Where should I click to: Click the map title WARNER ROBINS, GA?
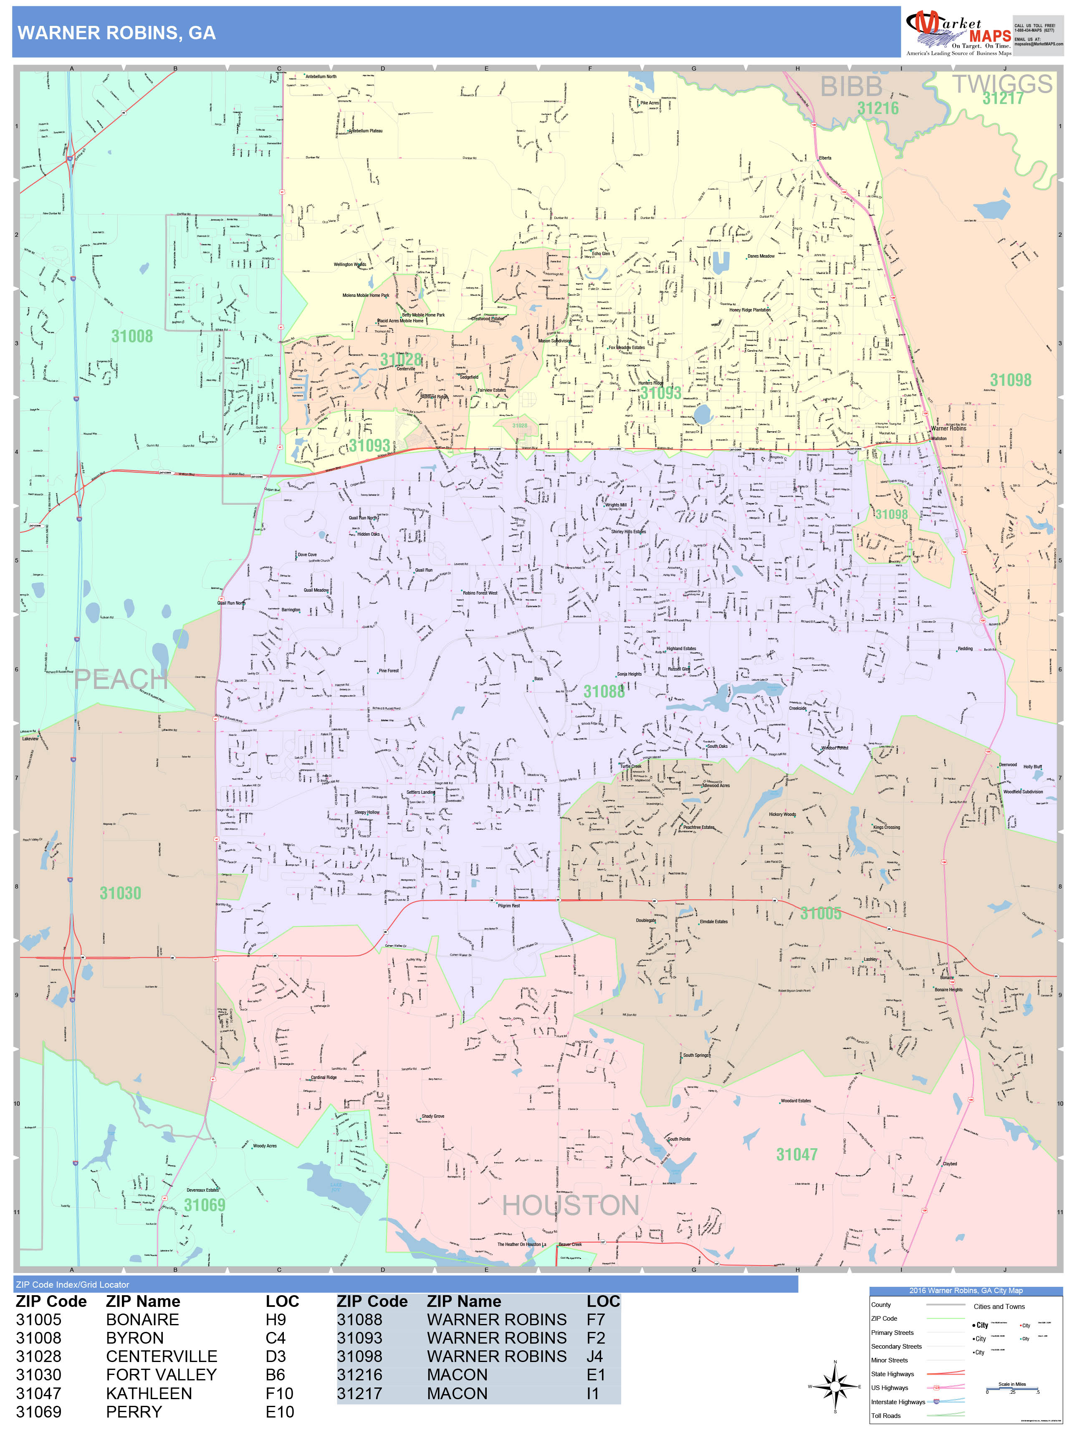coord(116,33)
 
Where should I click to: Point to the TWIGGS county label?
coord(1002,84)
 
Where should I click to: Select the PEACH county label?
coord(121,679)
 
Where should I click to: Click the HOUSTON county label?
coord(570,1205)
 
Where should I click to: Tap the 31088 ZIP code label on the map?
coord(603,691)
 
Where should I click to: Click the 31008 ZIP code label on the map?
coord(132,336)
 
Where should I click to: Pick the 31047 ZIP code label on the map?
coord(796,1154)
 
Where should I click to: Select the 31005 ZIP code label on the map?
coord(820,913)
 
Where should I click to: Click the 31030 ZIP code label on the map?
coord(120,893)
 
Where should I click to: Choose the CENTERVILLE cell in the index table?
coord(161,1356)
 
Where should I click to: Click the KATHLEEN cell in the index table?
coord(149,1393)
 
